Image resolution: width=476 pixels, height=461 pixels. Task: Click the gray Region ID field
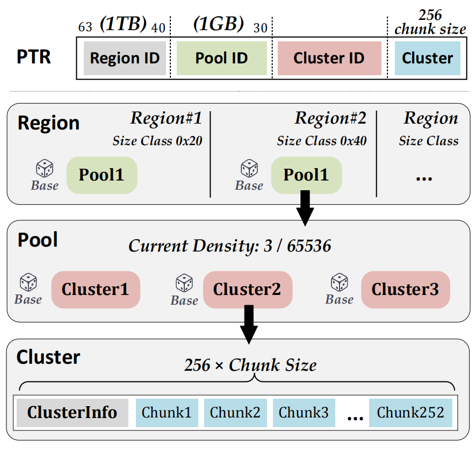point(125,57)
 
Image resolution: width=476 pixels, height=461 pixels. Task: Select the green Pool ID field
point(221,57)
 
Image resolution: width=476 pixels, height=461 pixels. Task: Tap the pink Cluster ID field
point(329,57)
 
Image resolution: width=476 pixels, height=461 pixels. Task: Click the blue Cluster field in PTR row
point(427,57)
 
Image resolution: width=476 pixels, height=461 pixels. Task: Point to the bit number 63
point(85,27)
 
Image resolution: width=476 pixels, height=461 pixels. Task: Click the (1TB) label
point(123,25)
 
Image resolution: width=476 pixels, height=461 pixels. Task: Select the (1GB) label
point(218,25)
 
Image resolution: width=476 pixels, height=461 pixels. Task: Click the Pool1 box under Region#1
point(102,175)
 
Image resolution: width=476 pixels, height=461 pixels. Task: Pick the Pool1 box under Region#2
point(306,175)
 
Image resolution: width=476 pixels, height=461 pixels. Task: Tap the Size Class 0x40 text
point(321,141)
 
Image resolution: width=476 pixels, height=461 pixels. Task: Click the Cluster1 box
point(96,289)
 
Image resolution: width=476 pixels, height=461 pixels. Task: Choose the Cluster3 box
point(405,289)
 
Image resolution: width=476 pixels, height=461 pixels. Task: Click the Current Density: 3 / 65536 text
point(229,246)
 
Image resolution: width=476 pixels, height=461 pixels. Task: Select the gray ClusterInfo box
point(73,413)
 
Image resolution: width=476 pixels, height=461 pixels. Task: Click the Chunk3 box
point(304,413)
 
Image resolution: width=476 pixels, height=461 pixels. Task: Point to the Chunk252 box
point(410,413)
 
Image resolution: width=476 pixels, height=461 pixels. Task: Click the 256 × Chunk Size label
point(250,365)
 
